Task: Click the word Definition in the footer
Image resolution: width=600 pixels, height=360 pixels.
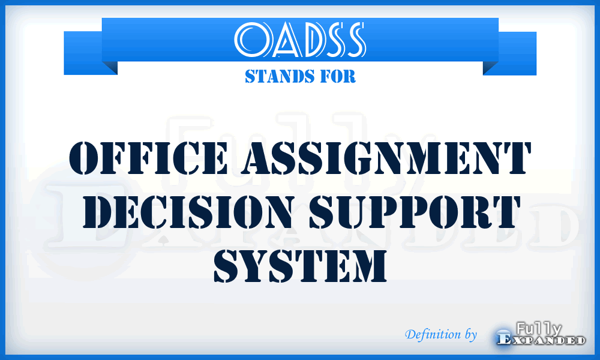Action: click(427, 334)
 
